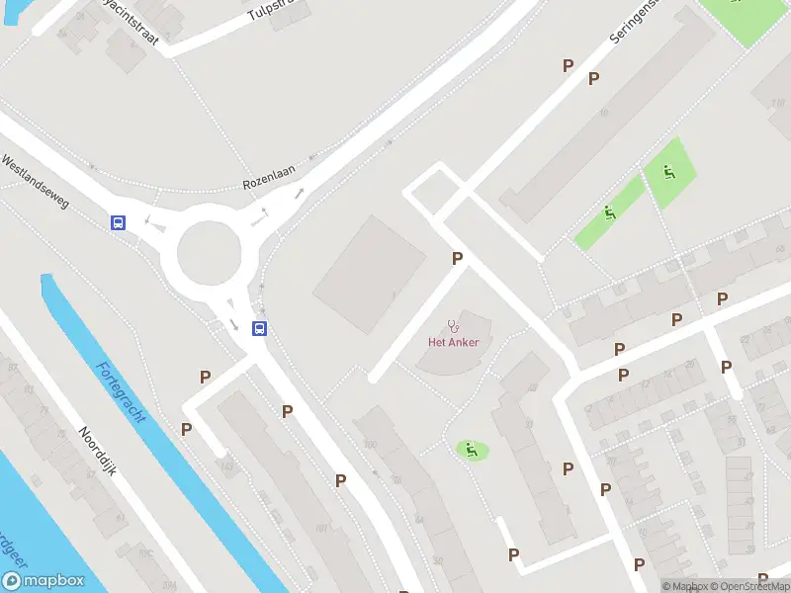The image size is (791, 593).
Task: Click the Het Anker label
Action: [x=453, y=343]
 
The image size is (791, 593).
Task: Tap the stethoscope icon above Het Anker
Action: [x=453, y=324]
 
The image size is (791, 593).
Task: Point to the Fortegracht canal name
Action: [x=121, y=392]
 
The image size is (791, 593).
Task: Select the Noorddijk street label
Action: [x=98, y=452]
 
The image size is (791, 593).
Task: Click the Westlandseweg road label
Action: [x=35, y=180]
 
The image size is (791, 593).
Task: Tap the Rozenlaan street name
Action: [x=270, y=185]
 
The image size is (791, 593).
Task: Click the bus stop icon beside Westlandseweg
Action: [x=118, y=222]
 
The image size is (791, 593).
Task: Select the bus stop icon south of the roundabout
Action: [x=259, y=329]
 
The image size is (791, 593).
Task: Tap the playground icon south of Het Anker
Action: [x=472, y=450]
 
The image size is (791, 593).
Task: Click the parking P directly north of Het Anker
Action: [x=457, y=259]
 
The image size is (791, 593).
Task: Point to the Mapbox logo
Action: [x=43, y=581]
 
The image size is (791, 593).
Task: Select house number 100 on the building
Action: [x=371, y=445]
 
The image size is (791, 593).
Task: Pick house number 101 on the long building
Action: [x=320, y=528]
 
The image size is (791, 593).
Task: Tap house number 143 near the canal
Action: [x=227, y=464]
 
